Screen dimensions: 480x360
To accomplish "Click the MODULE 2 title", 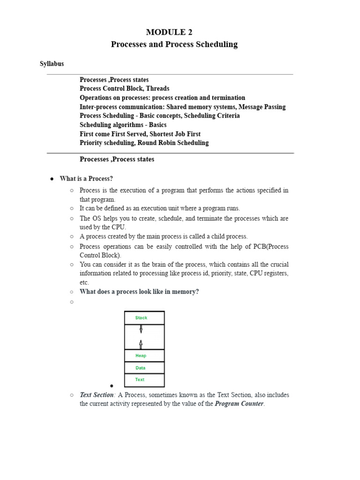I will pos(169,32).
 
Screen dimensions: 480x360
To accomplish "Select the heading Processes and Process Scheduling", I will pos(174,45).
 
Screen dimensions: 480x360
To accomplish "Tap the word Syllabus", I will pos(52,64).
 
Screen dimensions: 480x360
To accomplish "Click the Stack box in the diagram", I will pos(144,318).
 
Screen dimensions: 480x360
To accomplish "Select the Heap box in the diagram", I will pos(144,356).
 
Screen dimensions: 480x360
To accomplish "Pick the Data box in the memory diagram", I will pos(144,368).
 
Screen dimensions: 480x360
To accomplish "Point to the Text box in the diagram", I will pos(144,380).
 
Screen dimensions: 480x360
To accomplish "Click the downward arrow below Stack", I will pos(141,329).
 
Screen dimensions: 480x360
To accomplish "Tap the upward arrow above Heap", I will pos(141,344).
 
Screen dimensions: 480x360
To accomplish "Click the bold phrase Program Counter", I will pos(239,404).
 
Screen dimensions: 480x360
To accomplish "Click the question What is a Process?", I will pos(86,179).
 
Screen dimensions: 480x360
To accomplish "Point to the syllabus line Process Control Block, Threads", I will pos(124,89).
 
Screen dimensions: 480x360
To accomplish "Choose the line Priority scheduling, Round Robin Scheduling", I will pos(144,143).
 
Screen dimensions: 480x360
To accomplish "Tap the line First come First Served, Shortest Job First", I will pos(140,134).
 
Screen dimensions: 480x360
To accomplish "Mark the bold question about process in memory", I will pos(139,292).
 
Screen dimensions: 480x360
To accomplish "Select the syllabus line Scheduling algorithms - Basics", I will pos(123,125).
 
